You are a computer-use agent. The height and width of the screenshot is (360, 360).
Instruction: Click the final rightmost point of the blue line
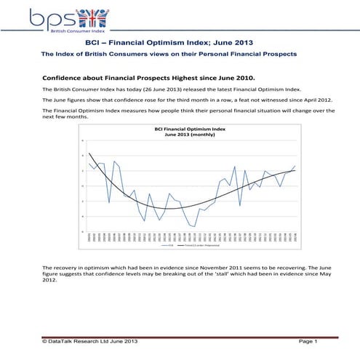pos(295,166)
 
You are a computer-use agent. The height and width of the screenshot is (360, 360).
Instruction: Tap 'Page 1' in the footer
pos(308,341)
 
